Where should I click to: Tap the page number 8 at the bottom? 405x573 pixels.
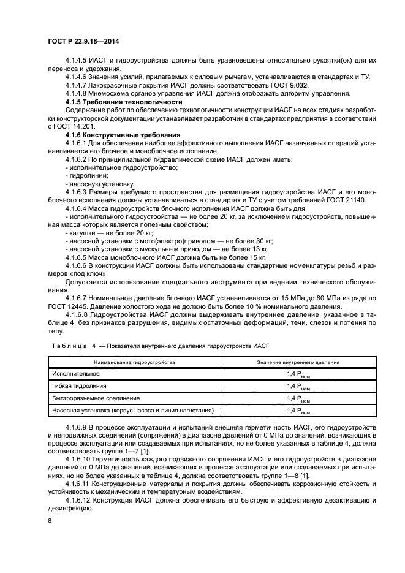(49, 520)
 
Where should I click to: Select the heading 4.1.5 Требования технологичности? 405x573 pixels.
(123, 101)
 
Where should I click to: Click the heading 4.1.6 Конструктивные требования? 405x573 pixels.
(122, 134)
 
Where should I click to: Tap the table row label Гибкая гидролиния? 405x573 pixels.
(79, 386)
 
